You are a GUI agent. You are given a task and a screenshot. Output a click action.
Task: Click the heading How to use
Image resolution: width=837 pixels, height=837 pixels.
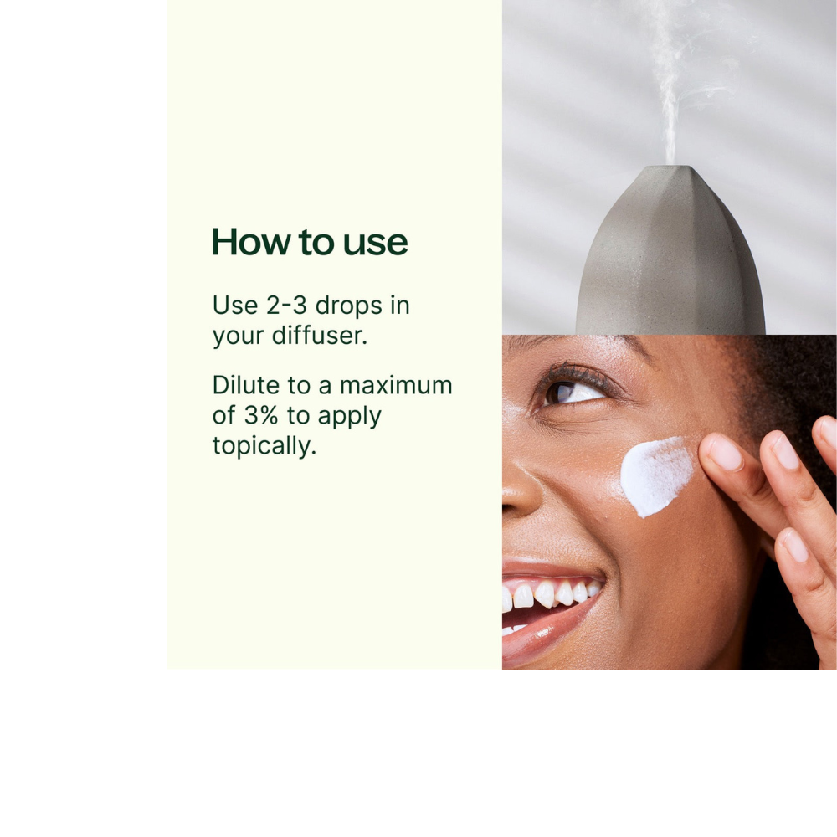(310, 242)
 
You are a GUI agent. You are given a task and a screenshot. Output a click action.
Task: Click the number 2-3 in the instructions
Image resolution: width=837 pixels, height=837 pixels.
(286, 306)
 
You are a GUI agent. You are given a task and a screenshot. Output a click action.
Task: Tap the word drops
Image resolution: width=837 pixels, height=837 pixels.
(348, 306)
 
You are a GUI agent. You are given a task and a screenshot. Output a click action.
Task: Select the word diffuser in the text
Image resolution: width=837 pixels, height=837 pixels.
(319, 336)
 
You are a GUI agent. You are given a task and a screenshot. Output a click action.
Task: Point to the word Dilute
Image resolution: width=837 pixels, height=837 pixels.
(245, 385)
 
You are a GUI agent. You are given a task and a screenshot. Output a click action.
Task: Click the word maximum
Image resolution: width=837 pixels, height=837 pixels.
(396, 385)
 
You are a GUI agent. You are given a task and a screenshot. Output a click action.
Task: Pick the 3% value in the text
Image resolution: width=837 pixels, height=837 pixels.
(261, 415)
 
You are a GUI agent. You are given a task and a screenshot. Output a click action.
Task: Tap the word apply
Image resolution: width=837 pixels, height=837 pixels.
(350, 417)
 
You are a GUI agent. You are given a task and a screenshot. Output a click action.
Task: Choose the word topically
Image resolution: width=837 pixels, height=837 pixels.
(264, 446)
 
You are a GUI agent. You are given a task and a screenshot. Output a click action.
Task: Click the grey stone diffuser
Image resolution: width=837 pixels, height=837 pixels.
(671, 251)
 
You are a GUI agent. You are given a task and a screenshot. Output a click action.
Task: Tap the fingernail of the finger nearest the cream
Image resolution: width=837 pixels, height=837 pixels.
(727, 453)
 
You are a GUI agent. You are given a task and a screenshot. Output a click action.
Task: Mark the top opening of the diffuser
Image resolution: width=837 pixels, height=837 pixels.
(671, 167)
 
